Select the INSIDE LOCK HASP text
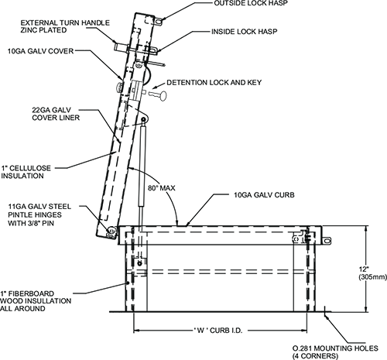(245, 32)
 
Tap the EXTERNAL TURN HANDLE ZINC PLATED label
(65, 26)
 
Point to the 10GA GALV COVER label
(40, 51)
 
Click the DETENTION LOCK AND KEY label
(214, 83)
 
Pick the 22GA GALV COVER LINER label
(56, 114)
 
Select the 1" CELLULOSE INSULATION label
(26, 172)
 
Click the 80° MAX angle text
(162, 188)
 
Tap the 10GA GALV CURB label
(264, 195)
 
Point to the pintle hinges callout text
(39, 214)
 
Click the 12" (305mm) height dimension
(372, 273)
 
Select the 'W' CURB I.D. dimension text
(218, 331)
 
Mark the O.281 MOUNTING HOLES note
(335, 352)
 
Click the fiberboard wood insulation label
(36, 301)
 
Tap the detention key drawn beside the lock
(157, 96)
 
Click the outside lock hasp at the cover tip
(159, 22)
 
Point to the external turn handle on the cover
(121, 47)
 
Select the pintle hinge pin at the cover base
(111, 230)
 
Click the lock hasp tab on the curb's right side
(327, 241)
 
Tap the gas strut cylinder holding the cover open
(142, 165)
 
